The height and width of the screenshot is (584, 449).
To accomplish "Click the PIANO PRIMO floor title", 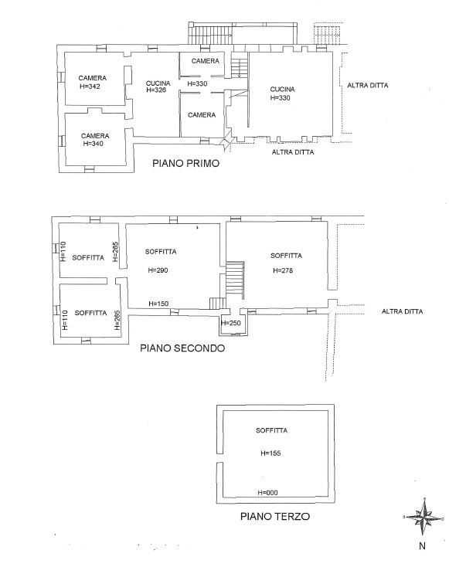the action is click(x=185, y=163).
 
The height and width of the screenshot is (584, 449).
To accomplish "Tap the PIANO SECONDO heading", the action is click(x=182, y=348).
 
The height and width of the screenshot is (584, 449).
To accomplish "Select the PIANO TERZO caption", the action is click(x=275, y=516).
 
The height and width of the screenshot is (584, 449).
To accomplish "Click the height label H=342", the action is click(x=90, y=87).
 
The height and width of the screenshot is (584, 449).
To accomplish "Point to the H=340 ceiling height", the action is click(x=93, y=144).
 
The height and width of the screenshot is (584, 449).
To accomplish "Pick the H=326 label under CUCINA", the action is click(x=156, y=90).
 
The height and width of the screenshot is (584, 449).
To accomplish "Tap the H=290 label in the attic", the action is click(x=158, y=270).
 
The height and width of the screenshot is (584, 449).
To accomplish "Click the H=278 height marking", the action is click(x=283, y=270).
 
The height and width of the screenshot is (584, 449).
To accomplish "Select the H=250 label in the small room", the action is click(x=231, y=323).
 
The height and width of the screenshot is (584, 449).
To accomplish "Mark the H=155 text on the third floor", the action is click(x=271, y=453).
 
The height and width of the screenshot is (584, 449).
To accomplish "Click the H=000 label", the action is click(x=268, y=492).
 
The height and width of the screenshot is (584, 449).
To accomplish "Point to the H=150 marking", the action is click(x=158, y=304).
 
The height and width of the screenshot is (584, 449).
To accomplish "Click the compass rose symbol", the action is click(x=423, y=517).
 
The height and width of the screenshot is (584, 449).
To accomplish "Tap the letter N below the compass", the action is click(x=422, y=546).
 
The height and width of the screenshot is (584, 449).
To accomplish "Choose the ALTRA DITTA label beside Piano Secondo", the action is click(x=403, y=311).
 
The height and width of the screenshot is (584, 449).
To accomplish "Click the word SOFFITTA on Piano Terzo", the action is click(x=271, y=430).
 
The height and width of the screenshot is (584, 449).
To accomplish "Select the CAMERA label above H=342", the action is click(x=93, y=78).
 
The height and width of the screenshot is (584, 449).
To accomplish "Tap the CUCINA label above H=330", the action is click(x=282, y=89).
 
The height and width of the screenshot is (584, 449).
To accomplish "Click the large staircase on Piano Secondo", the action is click(x=235, y=280).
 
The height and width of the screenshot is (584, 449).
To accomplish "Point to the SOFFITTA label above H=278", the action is click(x=286, y=256).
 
